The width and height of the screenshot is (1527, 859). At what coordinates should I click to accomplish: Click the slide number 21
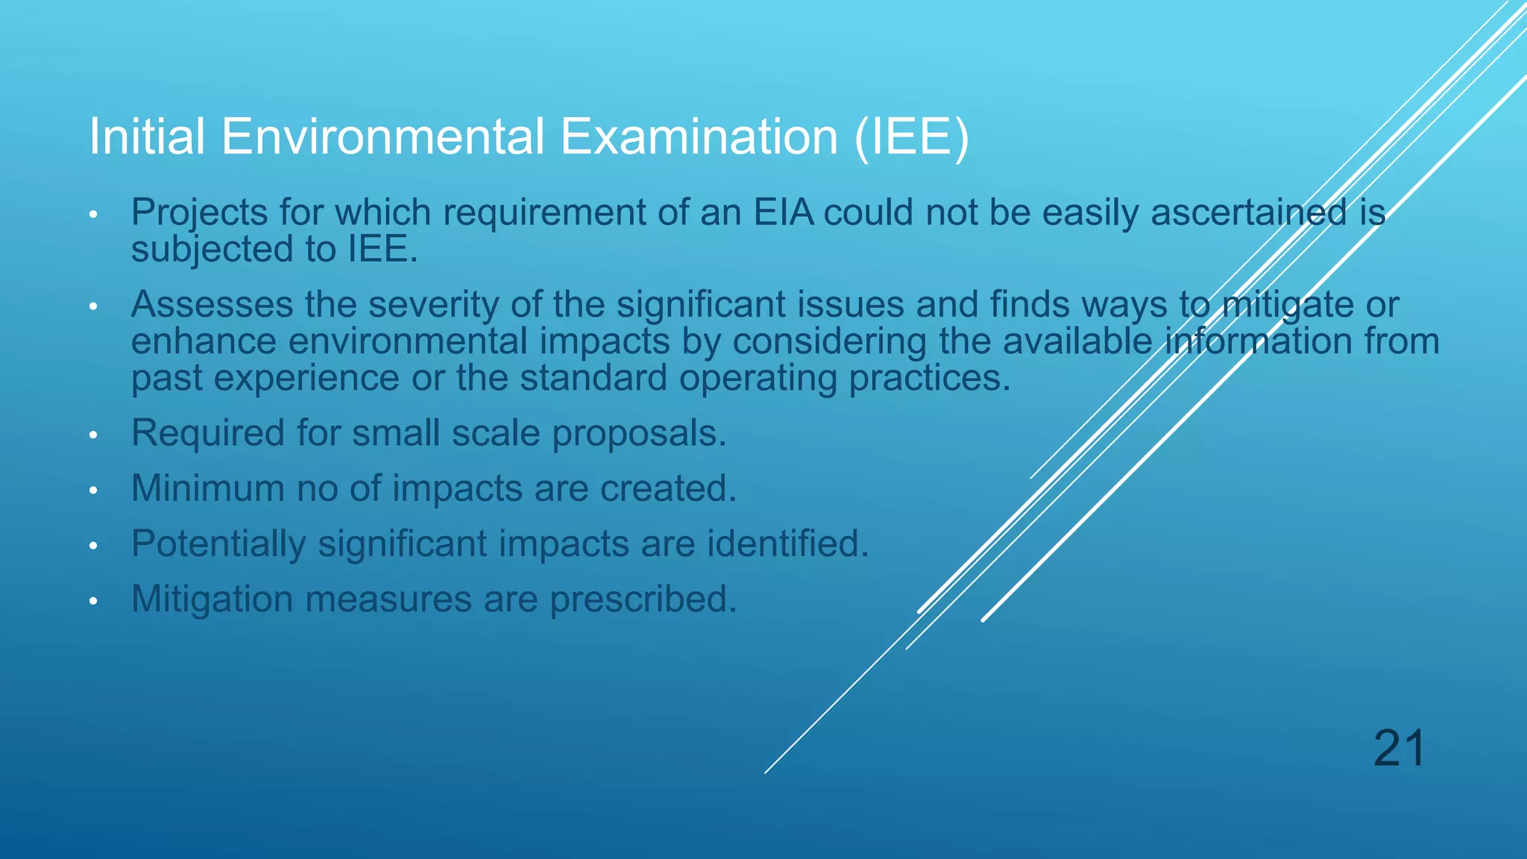coord(1399,748)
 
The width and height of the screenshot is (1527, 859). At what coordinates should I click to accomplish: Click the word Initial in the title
coord(146,136)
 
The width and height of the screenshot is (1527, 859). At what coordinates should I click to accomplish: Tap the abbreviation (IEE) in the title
coord(911,136)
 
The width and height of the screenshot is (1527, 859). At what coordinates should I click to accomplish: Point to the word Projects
coord(199,213)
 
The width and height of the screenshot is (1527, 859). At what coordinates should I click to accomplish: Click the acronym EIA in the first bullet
coord(783,213)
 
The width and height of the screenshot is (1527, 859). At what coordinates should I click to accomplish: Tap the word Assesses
coord(211,305)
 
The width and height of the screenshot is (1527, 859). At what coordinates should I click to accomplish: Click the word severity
coord(432,305)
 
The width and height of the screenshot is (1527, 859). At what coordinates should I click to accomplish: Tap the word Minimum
coord(207,488)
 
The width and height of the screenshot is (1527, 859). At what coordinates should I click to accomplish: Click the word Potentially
coord(218,544)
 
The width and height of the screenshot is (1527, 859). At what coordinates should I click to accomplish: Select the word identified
coord(787,544)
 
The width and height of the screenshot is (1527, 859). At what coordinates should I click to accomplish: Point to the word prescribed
coord(643,600)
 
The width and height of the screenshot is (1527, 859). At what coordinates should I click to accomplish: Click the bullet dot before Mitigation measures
coord(93,601)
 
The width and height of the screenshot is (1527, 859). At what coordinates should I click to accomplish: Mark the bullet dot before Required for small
coord(93,435)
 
